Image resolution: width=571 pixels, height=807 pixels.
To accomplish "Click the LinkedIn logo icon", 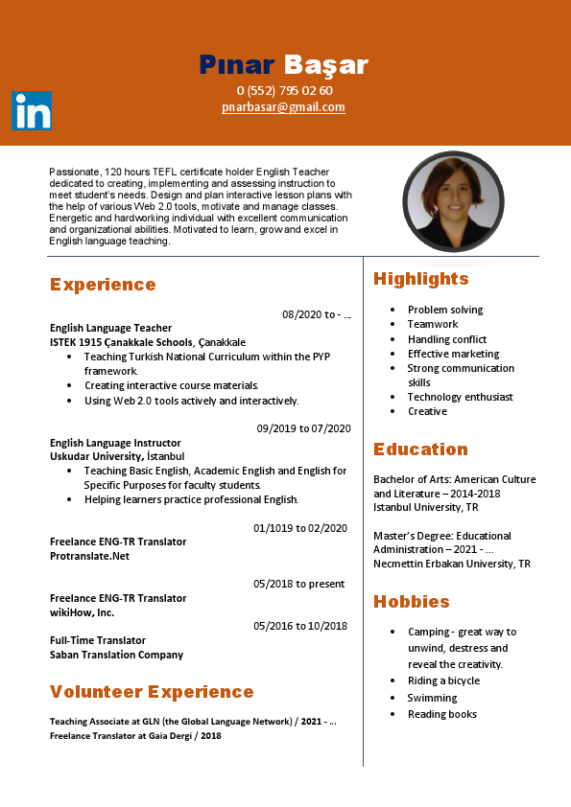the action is (x=32, y=111).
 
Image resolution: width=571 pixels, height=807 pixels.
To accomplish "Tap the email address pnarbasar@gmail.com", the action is (x=283, y=107).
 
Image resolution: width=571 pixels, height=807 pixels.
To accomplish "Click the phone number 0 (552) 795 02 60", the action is (x=285, y=91).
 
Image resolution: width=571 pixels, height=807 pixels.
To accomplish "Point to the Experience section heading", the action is (x=103, y=285).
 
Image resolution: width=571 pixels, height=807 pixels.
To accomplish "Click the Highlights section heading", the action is (x=421, y=279).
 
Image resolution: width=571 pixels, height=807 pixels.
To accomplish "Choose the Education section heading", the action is (x=421, y=450).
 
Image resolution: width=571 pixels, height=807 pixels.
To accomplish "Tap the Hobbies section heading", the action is (x=412, y=602).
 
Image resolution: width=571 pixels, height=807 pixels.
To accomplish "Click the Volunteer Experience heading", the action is (x=152, y=692).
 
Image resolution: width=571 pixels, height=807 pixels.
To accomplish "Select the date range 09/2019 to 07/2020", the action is (x=303, y=428).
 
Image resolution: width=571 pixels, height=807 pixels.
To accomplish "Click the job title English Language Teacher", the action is (x=110, y=328).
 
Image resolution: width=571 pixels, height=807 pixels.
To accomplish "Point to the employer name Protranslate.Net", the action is (x=89, y=556).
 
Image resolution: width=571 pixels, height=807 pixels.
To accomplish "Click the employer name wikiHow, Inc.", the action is (x=82, y=612).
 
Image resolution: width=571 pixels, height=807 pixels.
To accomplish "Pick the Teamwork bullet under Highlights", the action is (x=433, y=325).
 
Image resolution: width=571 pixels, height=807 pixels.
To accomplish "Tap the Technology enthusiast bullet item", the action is (x=460, y=397).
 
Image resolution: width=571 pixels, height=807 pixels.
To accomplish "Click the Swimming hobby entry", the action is (x=432, y=698).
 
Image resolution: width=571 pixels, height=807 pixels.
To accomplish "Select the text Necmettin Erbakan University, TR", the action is (x=451, y=564).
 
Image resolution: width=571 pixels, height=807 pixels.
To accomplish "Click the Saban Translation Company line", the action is (x=116, y=655).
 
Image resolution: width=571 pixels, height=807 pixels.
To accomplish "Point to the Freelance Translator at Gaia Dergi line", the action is (x=135, y=736).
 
